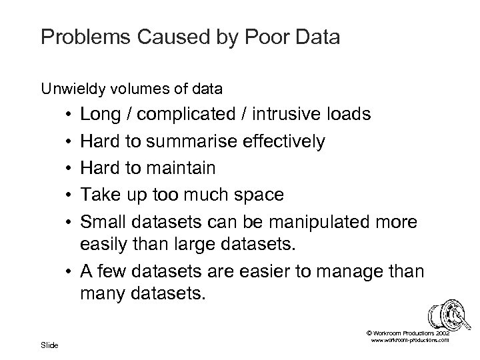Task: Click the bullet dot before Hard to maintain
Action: tap(70, 169)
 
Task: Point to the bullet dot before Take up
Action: tap(70, 195)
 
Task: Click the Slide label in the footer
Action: tap(49, 345)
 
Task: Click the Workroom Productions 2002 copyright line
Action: tap(408, 331)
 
